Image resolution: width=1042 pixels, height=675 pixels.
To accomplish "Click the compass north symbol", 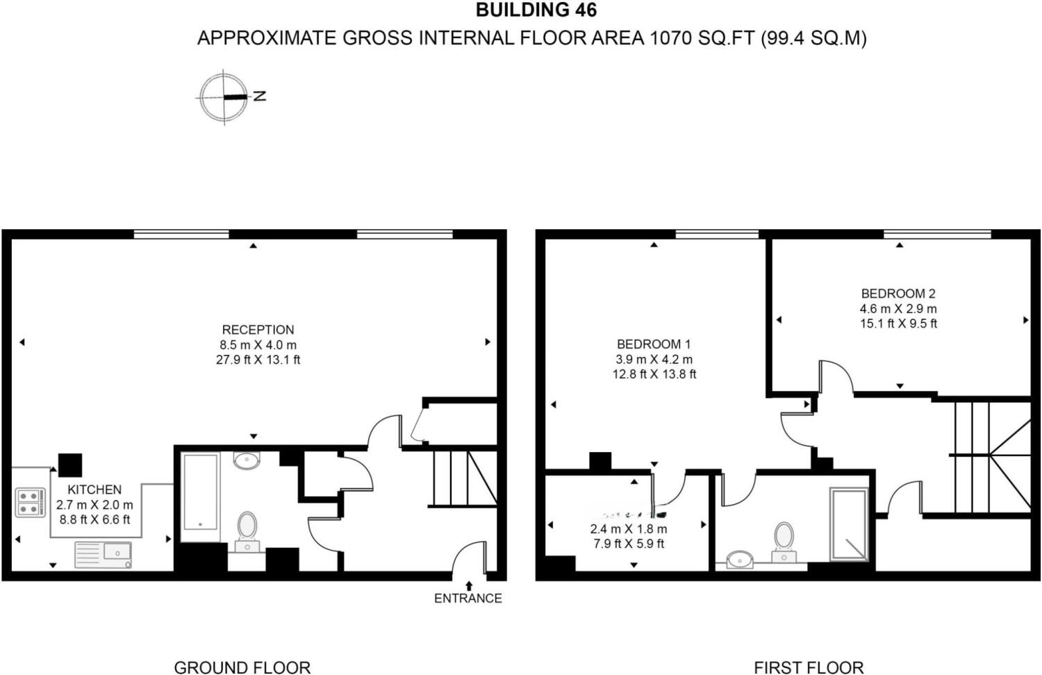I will [x=224, y=97].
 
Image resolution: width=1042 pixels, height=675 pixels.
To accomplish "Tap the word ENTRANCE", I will [x=468, y=598].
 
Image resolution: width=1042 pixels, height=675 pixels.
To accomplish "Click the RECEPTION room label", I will [x=258, y=330].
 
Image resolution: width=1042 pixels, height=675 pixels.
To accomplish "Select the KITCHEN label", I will [x=94, y=490].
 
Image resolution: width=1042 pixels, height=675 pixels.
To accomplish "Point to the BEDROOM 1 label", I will [x=654, y=344].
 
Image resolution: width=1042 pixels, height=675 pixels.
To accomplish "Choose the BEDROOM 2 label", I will [x=898, y=294].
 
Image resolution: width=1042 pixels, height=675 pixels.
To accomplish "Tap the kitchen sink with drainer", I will [x=103, y=554].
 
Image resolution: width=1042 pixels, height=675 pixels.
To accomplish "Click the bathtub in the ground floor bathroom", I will [x=200, y=495].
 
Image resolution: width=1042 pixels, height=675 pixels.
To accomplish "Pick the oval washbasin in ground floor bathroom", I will [x=247, y=460].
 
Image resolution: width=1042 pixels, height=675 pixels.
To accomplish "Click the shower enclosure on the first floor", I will [x=849, y=524].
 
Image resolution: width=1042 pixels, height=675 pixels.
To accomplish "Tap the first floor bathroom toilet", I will [x=784, y=540].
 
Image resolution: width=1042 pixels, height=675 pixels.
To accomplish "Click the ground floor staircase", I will [x=463, y=478].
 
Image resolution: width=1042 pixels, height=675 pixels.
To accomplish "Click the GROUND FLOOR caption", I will [x=242, y=667].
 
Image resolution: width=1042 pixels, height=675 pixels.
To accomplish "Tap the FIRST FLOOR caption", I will [x=809, y=667].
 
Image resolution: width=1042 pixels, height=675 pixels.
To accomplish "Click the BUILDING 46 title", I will [x=536, y=10].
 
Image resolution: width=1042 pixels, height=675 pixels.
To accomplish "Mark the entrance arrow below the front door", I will [x=469, y=585].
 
